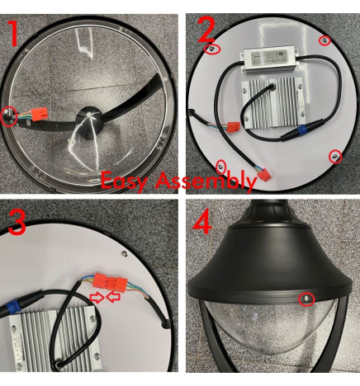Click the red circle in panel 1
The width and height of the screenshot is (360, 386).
point(10,115)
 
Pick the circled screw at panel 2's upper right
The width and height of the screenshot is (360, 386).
point(324,40)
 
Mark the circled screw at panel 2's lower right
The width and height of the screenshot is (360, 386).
point(335,156)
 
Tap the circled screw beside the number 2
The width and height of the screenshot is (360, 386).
point(214,49)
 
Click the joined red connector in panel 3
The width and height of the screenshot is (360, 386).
point(112,282)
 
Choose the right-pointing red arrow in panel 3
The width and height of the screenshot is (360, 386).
point(97,296)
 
